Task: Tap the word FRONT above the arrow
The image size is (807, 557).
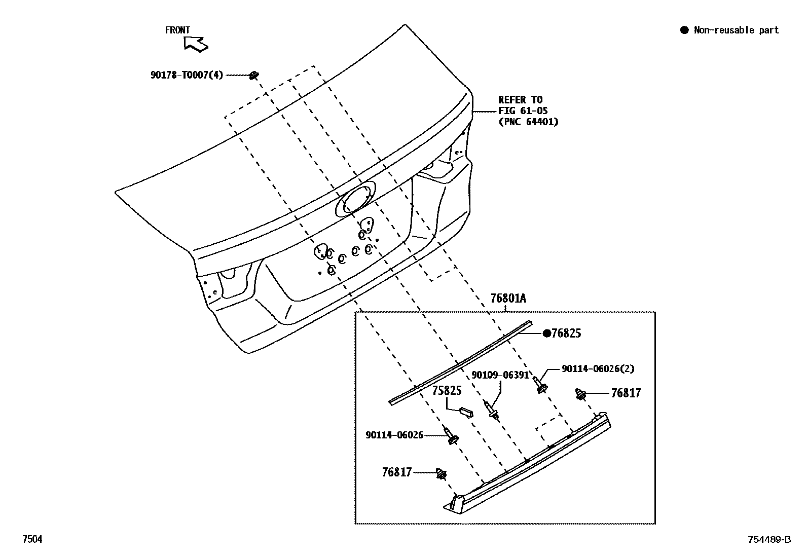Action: [x=177, y=30]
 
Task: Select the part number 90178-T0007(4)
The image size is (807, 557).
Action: [x=187, y=75]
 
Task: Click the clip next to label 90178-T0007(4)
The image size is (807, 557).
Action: [x=254, y=76]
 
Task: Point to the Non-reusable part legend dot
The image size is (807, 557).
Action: [x=684, y=30]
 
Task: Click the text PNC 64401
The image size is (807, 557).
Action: [x=528, y=122]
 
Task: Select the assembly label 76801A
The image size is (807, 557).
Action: [x=508, y=299]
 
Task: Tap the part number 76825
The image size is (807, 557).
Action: [x=566, y=333]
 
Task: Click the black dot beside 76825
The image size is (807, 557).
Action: [x=547, y=333]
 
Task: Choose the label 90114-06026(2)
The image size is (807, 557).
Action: [x=598, y=368]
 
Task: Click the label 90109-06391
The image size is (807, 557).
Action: [x=500, y=375]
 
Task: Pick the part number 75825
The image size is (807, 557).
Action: [x=447, y=391]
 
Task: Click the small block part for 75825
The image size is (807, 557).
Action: [x=466, y=411]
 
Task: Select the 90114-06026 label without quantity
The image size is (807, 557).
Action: [x=394, y=435]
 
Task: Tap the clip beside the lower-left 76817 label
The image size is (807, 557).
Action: [x=442, y=474]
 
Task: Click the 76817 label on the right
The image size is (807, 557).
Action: [x=626, y=393]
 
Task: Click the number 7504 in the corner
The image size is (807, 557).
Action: [x=31, y=539]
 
